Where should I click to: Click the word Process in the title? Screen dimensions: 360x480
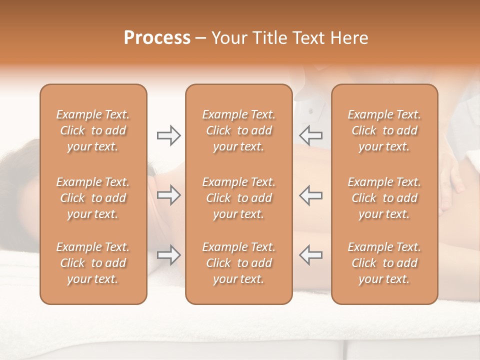point(157,38)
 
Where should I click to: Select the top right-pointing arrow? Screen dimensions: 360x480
point(168,135)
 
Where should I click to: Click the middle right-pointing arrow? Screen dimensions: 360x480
point(168,195)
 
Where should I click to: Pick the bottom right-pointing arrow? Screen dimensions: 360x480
point(168,254)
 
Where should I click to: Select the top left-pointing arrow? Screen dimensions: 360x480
point(310,135)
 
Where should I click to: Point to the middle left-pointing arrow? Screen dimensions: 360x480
point(310,195)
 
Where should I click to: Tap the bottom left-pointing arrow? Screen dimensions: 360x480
point(310,254)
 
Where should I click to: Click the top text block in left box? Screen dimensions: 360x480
point(93,130)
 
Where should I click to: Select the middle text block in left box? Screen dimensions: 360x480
point(93,198)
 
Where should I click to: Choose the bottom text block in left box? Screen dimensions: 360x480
point(93,263)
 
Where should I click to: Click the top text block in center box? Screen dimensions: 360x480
point(238,130)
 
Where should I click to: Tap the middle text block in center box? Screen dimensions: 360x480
point(238,198)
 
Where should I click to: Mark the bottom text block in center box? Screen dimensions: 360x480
point(238,263)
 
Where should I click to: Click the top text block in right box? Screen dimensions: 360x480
point(384,130)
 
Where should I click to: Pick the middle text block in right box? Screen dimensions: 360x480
point(384,198)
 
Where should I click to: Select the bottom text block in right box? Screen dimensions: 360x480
point(384,263)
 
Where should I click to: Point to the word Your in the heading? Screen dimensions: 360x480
point(228,38)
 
